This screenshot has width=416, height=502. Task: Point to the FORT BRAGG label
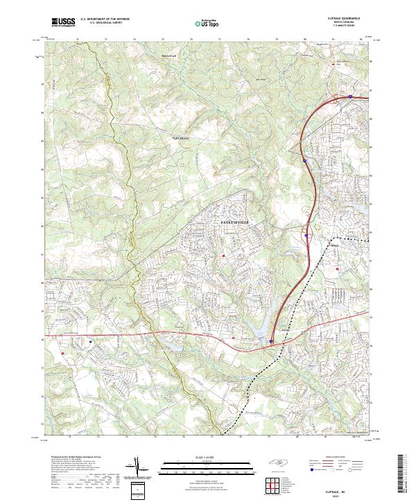180,138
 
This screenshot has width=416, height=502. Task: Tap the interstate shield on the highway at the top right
351,96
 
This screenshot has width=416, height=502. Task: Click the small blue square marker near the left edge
91,341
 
